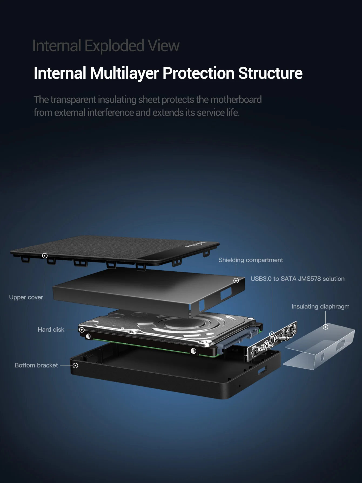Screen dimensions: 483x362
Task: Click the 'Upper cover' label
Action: pos(26,297)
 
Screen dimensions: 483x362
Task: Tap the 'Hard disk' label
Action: pos(51,330)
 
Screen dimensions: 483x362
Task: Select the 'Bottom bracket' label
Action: pos(36,365)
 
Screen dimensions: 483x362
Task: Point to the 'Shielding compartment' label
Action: pos(250,260)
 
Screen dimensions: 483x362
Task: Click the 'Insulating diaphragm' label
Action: pos(320,307)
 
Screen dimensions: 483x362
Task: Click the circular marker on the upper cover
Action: pos(45,256)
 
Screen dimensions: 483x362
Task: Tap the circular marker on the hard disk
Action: pos(82,330)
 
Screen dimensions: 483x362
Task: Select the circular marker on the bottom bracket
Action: pos(76,366)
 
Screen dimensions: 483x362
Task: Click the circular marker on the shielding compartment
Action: pos(236,281)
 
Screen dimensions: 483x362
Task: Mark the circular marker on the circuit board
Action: pos(272,334)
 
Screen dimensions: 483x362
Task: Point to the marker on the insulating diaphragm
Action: pos(326,327)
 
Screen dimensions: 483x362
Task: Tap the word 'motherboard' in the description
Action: pos(236,100)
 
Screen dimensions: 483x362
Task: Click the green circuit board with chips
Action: pos(273,341)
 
